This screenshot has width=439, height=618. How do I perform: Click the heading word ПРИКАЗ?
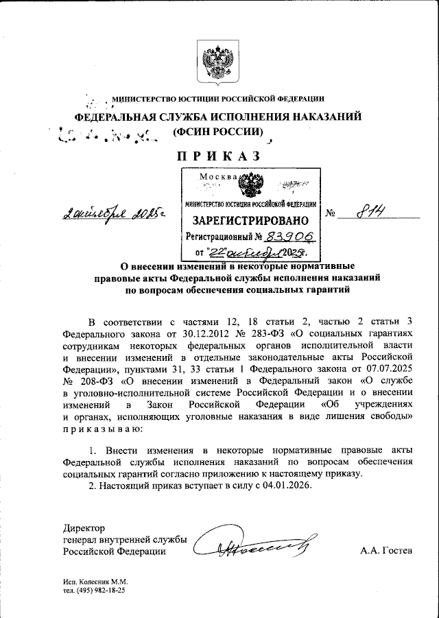point(219,156)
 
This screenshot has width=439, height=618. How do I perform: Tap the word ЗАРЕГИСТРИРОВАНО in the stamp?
point(251,221)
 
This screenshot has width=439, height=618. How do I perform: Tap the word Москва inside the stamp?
point(217,178)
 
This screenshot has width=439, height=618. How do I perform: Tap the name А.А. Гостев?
point(385,551)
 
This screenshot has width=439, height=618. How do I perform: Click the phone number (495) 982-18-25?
point(100,591)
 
